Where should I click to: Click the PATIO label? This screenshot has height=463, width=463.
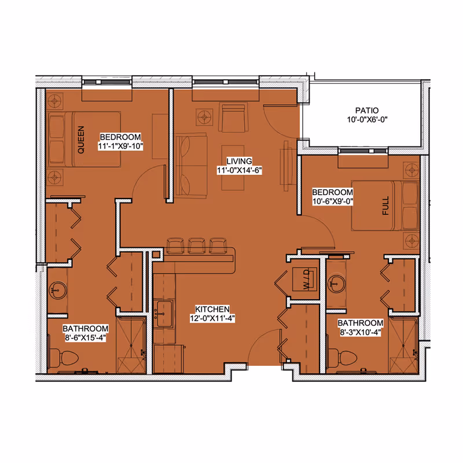click(367, 111)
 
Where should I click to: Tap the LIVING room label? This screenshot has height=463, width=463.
click(239, 161)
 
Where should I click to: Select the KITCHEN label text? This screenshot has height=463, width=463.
click(212, 309)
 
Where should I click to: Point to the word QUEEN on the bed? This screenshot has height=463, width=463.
click(81, 139)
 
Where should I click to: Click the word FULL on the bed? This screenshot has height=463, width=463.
click(385, 206)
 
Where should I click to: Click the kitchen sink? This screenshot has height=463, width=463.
click(163, 314)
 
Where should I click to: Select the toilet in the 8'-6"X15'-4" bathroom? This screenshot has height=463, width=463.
click(64, 358)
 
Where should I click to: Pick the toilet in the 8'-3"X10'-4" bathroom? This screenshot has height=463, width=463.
click(342, 358)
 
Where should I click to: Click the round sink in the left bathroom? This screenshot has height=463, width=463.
click(58, 291)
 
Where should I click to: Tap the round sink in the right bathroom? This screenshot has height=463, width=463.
click(336, 284)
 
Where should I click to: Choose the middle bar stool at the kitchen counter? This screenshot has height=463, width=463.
click(197, 245)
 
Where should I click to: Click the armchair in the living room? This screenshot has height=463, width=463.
click(233, 117)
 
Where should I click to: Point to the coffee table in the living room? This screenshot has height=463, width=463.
click(233, 167)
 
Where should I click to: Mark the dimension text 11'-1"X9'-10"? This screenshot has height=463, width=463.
click(120, 146)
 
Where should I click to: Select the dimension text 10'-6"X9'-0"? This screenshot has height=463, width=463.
click(333, 201)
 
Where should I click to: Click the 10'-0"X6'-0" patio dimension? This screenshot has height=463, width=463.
click(367, 120)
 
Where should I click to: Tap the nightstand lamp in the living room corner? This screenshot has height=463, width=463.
click(204, 118)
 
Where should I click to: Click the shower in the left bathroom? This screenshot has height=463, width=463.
click(131, 345)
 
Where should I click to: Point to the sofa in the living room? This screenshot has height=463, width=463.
click(191, 166)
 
